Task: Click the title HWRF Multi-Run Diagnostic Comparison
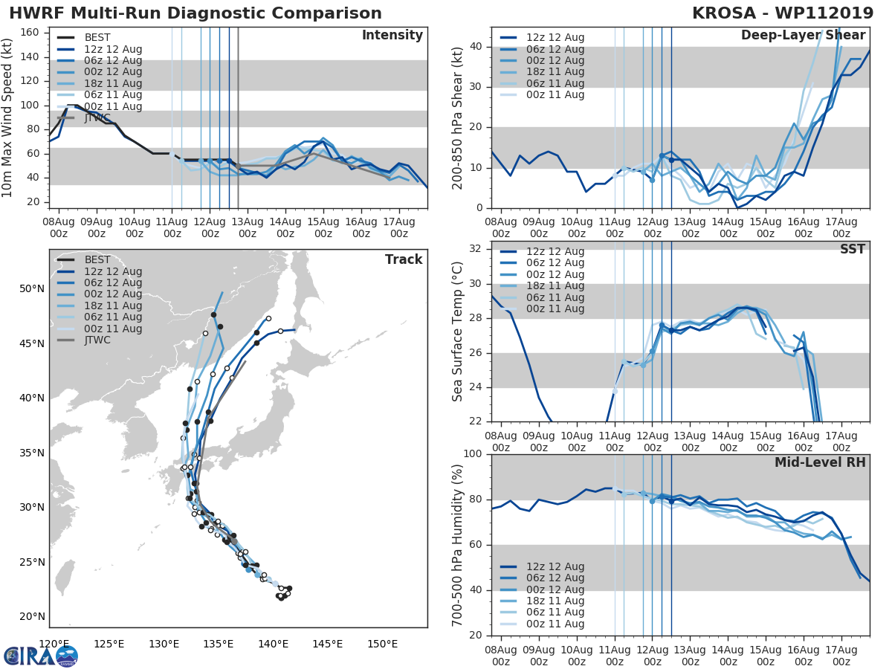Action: point(195,13)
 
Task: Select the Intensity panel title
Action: point(392,36)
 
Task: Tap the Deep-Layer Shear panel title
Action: point(803,36)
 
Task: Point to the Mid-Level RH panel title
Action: point(820,462)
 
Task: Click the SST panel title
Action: point(853,249)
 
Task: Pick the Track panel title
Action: point(404,259)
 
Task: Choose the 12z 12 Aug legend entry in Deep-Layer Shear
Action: point(555,38)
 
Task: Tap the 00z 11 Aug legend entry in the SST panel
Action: point(555,309)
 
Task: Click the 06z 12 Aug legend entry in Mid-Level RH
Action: point(555,578)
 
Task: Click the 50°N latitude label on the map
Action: point(32,289)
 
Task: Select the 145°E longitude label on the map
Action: point(327,644)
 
